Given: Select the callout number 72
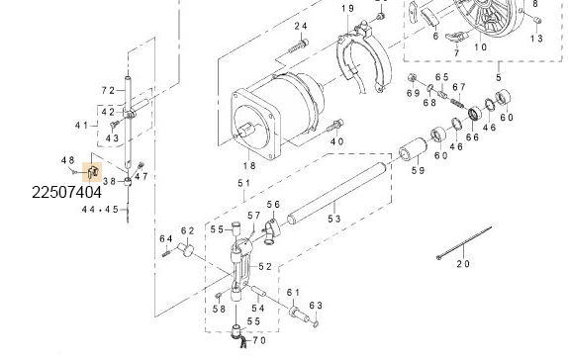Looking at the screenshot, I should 109,90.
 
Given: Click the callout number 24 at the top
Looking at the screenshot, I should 300,25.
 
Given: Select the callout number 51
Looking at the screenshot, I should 242,183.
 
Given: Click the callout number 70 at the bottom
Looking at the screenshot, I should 260,340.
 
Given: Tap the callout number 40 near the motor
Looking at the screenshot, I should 336,141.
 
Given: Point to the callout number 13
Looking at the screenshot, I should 536,38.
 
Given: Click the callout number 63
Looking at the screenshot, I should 317,305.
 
